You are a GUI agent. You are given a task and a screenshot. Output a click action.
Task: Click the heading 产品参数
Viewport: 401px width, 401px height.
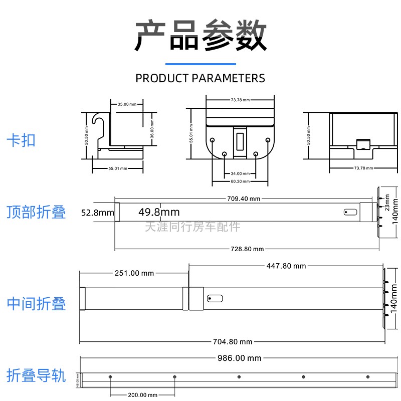pyautogui.click(x=200, y=36)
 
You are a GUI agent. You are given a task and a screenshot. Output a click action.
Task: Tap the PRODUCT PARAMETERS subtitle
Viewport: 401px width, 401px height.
pyautogui.click(x=200, y=78)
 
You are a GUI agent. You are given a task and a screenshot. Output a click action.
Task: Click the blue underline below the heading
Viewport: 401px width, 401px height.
pyautogui.click(x=200, y=64)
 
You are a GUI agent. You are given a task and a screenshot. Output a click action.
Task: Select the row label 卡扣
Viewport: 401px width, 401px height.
pyautogui.click(x=21, y=140)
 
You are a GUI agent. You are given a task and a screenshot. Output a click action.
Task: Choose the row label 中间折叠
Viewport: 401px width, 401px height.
pyautogui.click(x=36, y=303)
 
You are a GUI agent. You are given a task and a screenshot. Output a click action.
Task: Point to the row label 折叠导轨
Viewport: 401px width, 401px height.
pyautogui.click(x=36, y=375)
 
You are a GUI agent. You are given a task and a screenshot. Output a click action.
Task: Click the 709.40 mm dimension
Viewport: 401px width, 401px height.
pyautogui.click(x=244, y=198)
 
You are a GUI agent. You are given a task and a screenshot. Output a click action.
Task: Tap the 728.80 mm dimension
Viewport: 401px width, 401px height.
pyautogui.click(x=247, y=249)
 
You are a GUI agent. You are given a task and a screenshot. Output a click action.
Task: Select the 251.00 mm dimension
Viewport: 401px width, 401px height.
pyautogui.click(x=134, y=273)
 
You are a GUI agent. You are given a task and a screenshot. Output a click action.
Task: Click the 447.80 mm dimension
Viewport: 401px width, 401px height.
pyautogui.click(x=285, y=266)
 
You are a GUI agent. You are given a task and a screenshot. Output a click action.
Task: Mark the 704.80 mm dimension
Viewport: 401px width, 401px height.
pyautogui.click(x=232, y=342)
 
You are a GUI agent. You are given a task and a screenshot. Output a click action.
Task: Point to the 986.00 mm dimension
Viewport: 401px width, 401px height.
pyautogui.click(x=239, y=358)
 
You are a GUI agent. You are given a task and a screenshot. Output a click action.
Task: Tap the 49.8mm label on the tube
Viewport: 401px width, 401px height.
pyautogui.click(x=158, y=213)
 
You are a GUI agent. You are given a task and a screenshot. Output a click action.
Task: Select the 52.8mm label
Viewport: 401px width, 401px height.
pyautogui.click(x=98, y=213)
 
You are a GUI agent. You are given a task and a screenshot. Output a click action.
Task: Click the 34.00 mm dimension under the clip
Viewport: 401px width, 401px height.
pyautogui.click(x=240, y=173)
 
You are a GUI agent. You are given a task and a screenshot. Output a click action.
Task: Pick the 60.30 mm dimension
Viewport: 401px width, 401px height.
pyautogui.click(x=240, y=181)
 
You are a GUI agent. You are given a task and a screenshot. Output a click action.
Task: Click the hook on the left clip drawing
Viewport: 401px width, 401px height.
pyautogui.click(x=98, y=120)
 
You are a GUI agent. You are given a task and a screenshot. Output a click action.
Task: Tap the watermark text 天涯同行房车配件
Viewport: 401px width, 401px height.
pyautogui.click(x=192, y=227)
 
